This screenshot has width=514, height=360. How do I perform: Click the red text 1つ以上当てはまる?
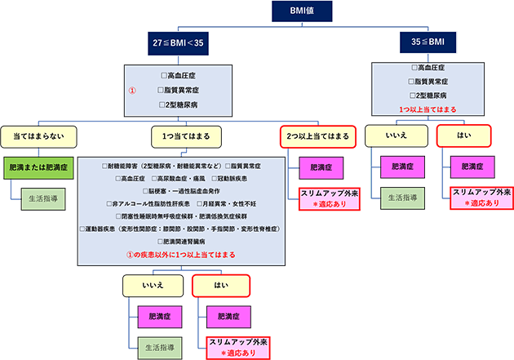click(428, 109)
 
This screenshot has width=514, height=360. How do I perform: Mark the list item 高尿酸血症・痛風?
click(186, 177)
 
